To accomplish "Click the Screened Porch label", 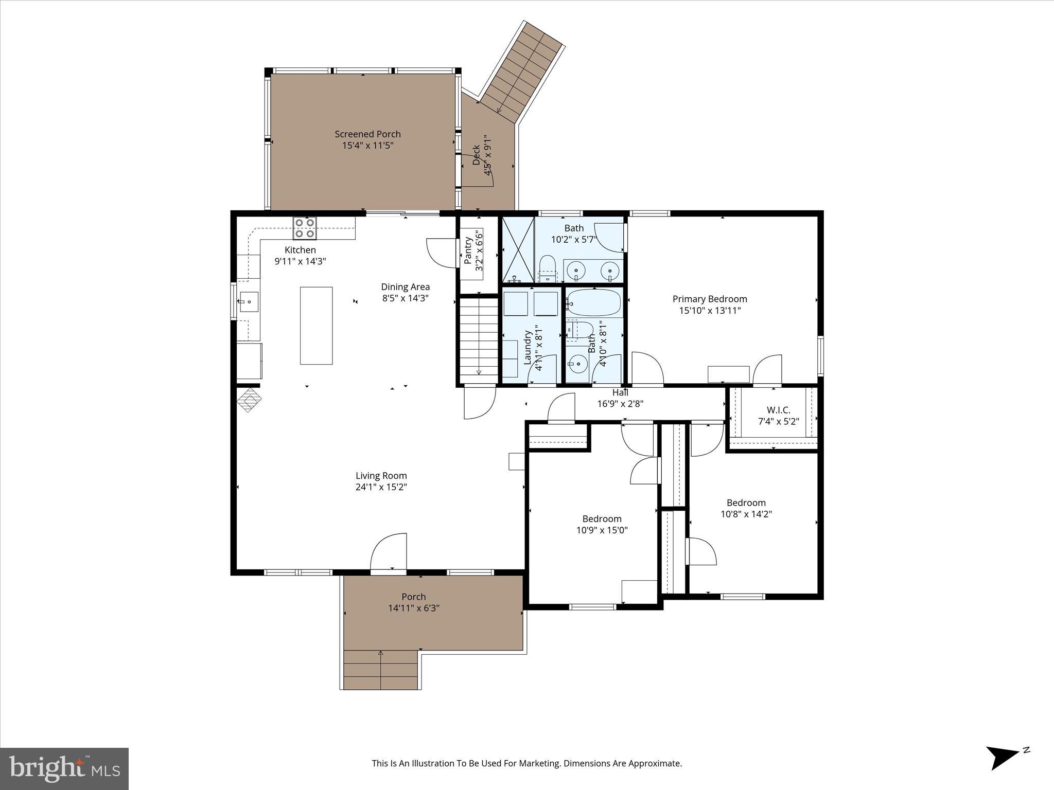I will tap(367, 134).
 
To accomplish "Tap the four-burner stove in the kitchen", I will tap(305, 228).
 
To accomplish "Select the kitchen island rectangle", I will tap(316, 326).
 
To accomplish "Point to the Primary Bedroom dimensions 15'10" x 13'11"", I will tap(710, 311).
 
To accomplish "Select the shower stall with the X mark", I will tap(518, 249).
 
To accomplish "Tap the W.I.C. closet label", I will tap(778, 410).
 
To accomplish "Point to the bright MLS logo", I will tap(64, 768).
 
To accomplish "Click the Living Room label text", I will tap(381, 476).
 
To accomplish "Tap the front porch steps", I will tap(380, 670).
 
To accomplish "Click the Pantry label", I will tap(468, 250).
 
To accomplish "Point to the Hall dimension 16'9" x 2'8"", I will tap(620, 404).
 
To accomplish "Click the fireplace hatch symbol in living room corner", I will tap(250, 400).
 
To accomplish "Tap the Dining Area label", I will tap(405, 287).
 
